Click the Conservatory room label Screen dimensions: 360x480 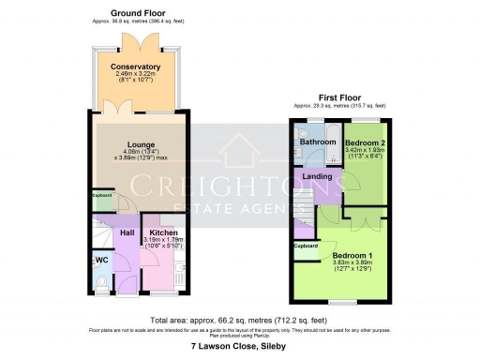[135, 67]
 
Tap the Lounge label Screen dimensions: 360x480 [134, 144]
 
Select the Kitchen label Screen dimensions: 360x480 [163, 232]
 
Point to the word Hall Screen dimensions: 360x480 [127, 232]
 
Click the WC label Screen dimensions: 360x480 [101, 260]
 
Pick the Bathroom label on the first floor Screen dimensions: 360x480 [318, 142]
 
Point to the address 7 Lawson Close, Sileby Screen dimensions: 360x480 [240, 347]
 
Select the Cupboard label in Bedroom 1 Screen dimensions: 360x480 [306, 247]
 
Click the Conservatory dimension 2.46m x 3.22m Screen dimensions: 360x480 [135, 75]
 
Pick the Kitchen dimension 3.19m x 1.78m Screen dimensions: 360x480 [163, 240]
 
